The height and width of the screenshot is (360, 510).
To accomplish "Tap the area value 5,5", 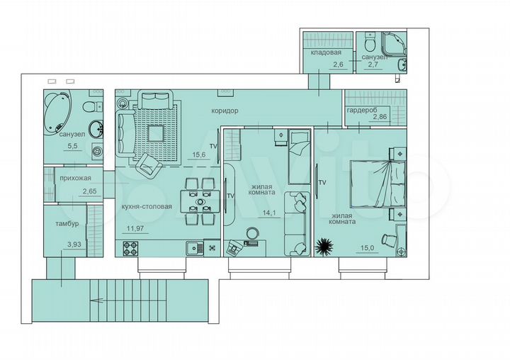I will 72,146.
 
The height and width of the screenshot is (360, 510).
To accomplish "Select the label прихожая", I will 79,179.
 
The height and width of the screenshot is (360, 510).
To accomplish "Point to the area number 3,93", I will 73,244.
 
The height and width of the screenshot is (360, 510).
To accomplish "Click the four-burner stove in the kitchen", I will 131,248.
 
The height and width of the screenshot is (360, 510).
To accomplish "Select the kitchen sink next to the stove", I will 191,248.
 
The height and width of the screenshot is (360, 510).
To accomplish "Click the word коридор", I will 224,111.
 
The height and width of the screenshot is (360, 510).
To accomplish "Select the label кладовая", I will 326,53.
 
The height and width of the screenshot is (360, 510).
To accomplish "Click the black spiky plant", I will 324,246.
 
